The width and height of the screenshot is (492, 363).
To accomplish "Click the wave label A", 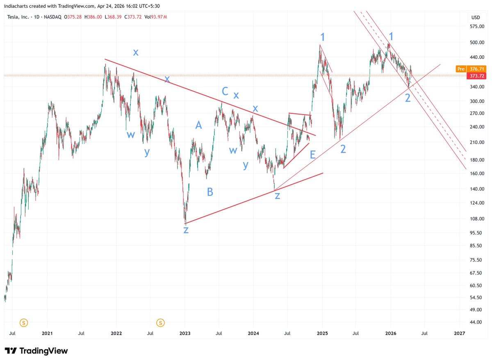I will tap(198, 126).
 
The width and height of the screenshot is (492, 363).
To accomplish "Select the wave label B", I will tap(210, 192).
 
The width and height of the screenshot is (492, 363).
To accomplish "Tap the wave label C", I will tap(225, 91).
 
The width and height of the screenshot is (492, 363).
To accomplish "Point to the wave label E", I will tap(313, 155).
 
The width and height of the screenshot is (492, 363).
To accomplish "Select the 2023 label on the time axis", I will tap(185, 334).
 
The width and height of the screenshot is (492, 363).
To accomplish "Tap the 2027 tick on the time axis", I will tap(460, 334).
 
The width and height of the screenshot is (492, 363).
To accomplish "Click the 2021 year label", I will tap(47, 334).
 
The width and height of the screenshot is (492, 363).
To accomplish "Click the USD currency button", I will tap(476, 17).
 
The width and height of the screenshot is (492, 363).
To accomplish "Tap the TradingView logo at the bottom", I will tap(36, 351).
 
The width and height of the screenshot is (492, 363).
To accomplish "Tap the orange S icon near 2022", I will tap(161, 322).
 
